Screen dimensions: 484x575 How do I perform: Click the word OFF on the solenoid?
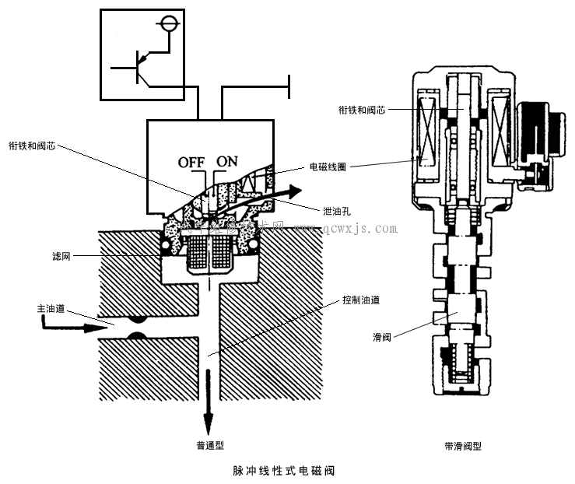point(191,162)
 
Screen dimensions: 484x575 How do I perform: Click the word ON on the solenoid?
point(227,162)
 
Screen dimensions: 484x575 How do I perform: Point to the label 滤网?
point(61,254)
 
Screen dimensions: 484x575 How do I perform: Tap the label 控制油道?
point(362,300)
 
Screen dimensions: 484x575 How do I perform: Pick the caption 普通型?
point(212,446)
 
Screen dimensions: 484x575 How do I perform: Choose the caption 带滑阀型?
point(462,447)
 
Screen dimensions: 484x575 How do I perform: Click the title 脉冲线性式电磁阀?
point(285,471)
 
